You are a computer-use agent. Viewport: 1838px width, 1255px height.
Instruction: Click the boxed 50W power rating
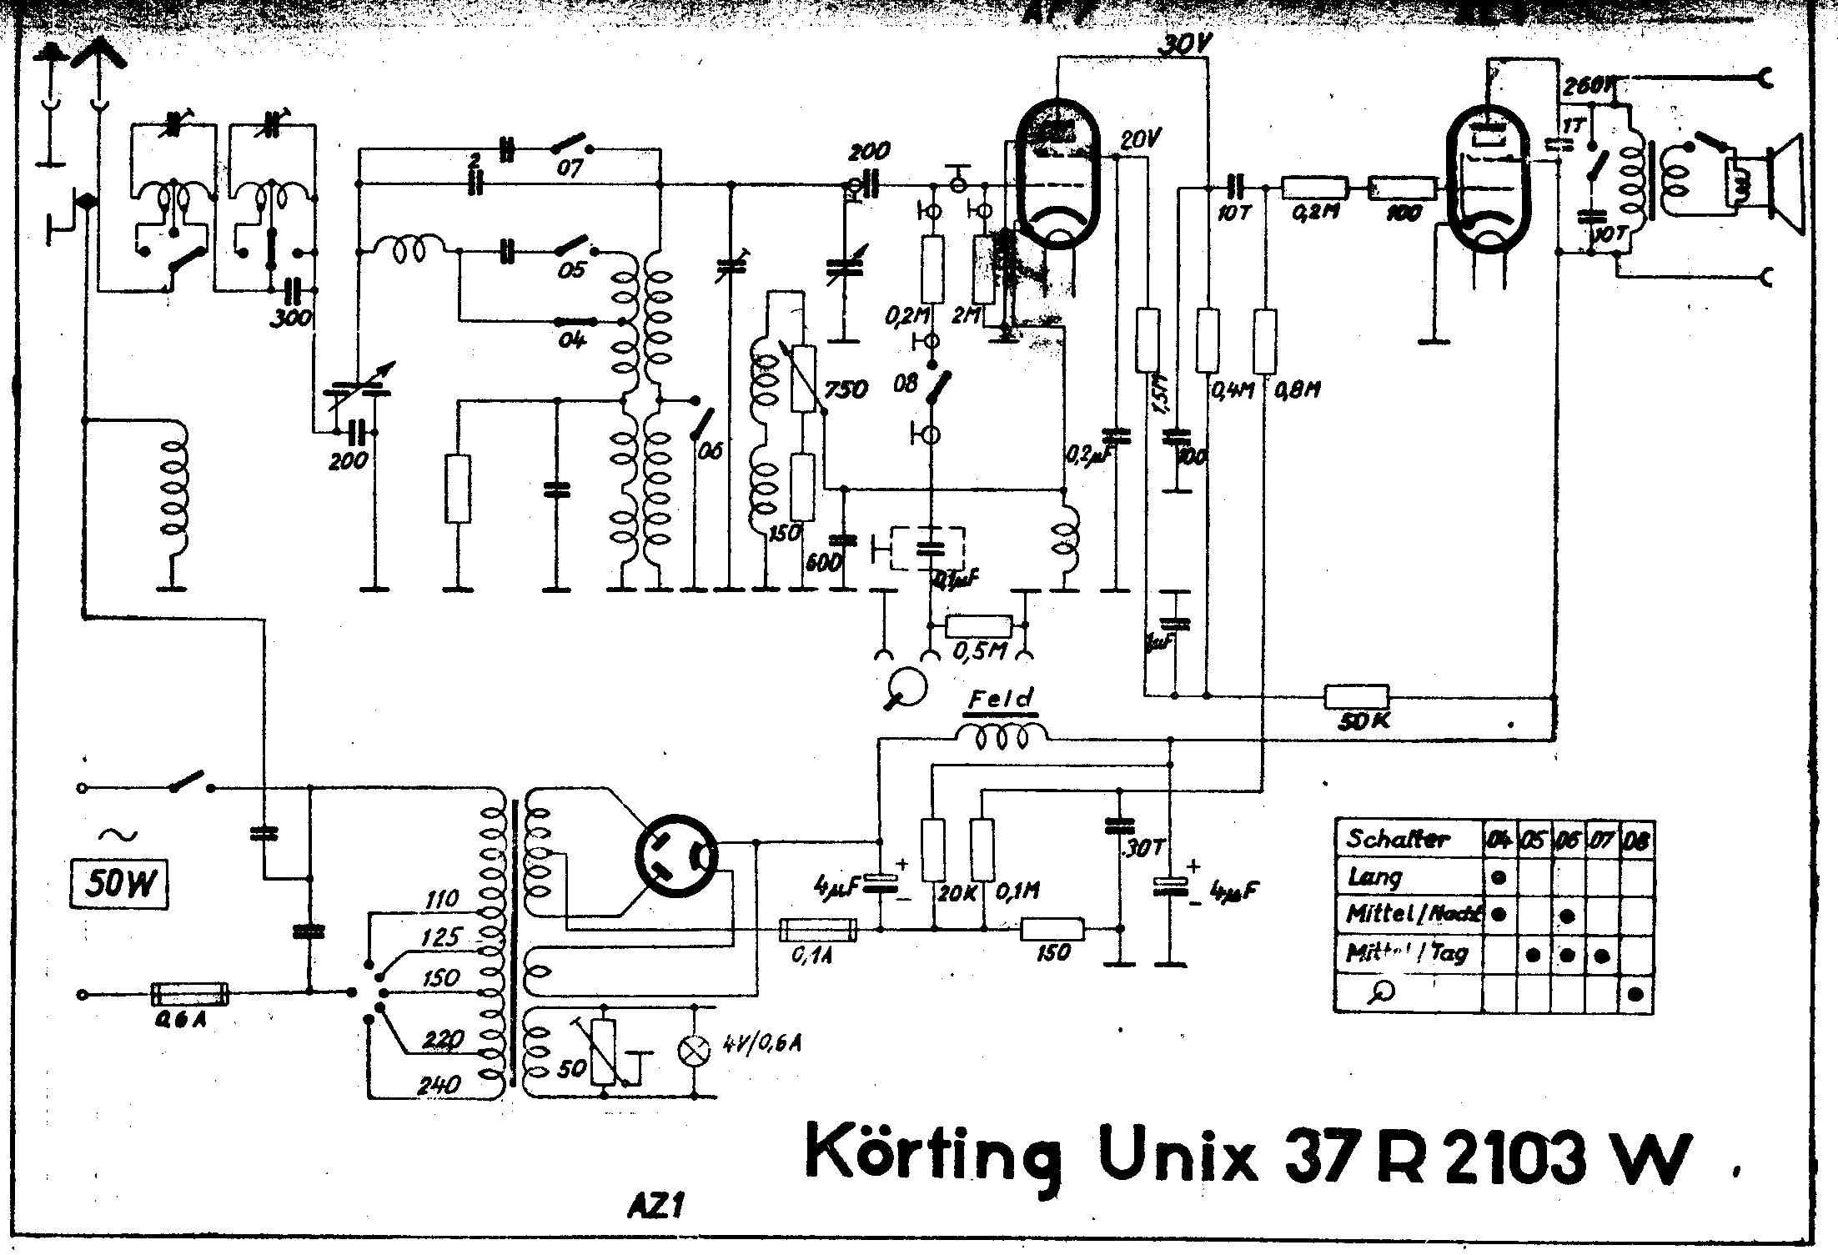pyautogui.click(x=118, y=883)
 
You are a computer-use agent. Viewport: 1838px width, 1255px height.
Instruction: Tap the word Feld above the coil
pyautogui.click(x=1001, y=699)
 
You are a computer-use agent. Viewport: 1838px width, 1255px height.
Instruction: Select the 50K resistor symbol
pyautogui.click(x=1357, y=696)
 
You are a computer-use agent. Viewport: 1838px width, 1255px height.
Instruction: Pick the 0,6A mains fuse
pyautogui.click(x=189, y=993)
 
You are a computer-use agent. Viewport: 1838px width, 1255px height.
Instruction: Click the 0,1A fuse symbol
pyautogui.click(x=817, y=929)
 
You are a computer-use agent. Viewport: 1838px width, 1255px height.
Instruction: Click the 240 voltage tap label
pyautogui.click(x=439, y=1083)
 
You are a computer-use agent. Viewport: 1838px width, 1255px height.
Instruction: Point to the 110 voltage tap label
pyautogui.click(x=441, y=899)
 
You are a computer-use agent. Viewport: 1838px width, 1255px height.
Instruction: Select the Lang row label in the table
pyautogui.click(x=1375, y=876)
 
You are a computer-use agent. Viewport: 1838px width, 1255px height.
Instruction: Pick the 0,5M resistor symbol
pyautogui.click(x=978, y=625)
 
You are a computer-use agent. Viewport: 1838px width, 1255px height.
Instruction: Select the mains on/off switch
pyautogui.click(x=188, y=784)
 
